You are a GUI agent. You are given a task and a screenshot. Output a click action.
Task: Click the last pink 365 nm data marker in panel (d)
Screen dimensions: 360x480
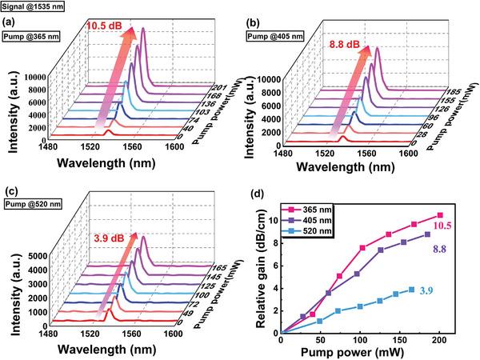click(x=439, y=215)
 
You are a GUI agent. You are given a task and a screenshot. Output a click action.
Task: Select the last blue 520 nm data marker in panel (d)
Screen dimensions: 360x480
click(x=411, y=290)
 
